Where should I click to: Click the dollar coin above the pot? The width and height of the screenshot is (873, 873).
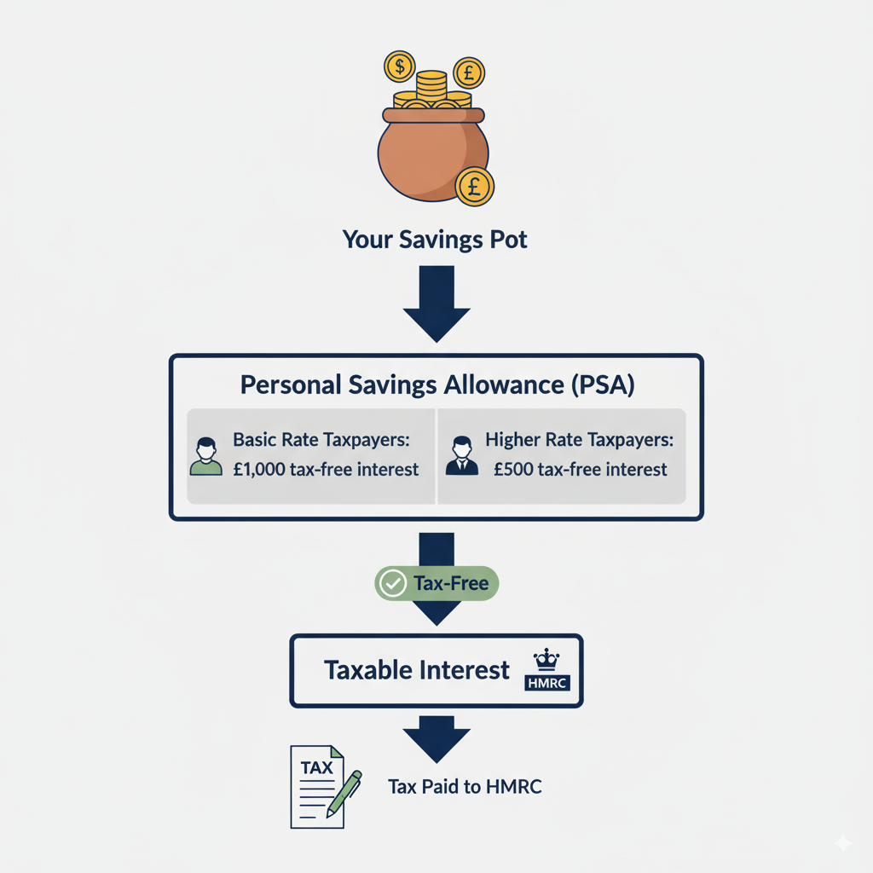pos(399,66)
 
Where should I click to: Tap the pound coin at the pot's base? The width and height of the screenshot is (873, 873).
pos(475,185)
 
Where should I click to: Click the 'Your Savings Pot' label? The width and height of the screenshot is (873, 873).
pos(435,240)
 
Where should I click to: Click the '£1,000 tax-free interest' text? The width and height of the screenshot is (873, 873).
pos(327,470)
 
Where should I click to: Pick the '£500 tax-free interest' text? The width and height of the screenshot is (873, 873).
pos(580,470)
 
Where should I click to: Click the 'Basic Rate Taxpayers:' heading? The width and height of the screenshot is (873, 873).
pos(321,441)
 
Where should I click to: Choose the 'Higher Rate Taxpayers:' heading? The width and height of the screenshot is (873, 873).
pos(580,441)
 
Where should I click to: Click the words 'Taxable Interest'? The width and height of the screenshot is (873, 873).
pos(417,670)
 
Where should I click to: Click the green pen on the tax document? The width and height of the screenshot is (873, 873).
pos(344,794)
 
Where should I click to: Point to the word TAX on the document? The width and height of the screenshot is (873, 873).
pos(316,767)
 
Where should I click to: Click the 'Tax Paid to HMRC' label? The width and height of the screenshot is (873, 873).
pos(465,787)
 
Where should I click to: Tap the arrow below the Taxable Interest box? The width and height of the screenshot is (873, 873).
pos(436,739)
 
